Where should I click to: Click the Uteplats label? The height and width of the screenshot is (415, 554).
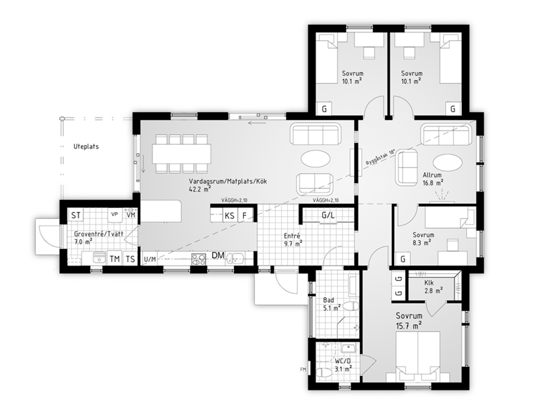click(x=86, y=147)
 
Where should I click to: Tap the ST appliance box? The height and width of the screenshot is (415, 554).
click(x=76, y=215)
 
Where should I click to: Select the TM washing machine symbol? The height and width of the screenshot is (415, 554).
click(x=115, y=259)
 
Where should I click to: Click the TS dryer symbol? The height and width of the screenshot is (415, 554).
click(x=130, y=259)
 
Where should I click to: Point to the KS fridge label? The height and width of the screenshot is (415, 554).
click(x=229, y=216)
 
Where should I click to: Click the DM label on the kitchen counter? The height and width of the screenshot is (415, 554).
click(x=218, y=255)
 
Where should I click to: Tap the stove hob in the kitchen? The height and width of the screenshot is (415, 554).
click(x=198, y=260)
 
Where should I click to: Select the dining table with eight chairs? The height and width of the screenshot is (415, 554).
click(x=182, y=154)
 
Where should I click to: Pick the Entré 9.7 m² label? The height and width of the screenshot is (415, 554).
click(x=293, y=240)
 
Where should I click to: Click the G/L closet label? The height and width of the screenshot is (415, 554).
click(x=328, y=215)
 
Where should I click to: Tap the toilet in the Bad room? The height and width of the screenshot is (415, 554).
click(x=351, y=306)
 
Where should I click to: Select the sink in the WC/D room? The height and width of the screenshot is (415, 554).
click(x=348, y=349)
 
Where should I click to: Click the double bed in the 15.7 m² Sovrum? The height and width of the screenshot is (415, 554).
click(x=418, y=356)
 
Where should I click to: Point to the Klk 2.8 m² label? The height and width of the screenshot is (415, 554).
click(x=434, y=287)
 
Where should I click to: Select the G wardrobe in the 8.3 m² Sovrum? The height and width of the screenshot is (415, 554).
click(x=403, y=259)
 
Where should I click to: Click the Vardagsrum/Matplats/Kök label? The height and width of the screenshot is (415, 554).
click(x=228, y=181)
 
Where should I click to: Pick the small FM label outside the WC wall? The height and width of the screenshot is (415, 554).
click(x=303, y=369)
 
